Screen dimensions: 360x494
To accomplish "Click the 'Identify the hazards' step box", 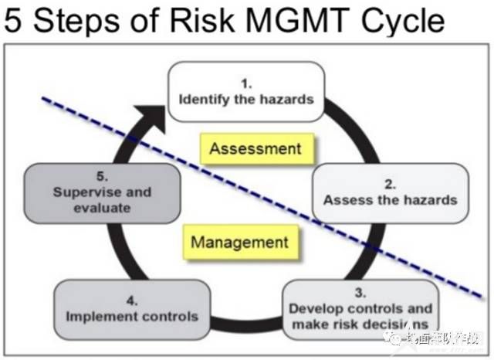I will (246, 93).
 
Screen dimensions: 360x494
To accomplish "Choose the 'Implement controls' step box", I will (132, 310).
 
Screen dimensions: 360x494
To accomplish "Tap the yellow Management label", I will (239, 242).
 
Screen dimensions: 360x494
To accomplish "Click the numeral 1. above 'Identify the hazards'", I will (246, 81).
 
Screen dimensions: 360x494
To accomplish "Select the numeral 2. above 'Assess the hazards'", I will (391, 184).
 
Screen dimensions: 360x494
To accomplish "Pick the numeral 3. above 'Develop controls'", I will (360, 293).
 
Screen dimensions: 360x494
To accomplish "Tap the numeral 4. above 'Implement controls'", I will (132, 300).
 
